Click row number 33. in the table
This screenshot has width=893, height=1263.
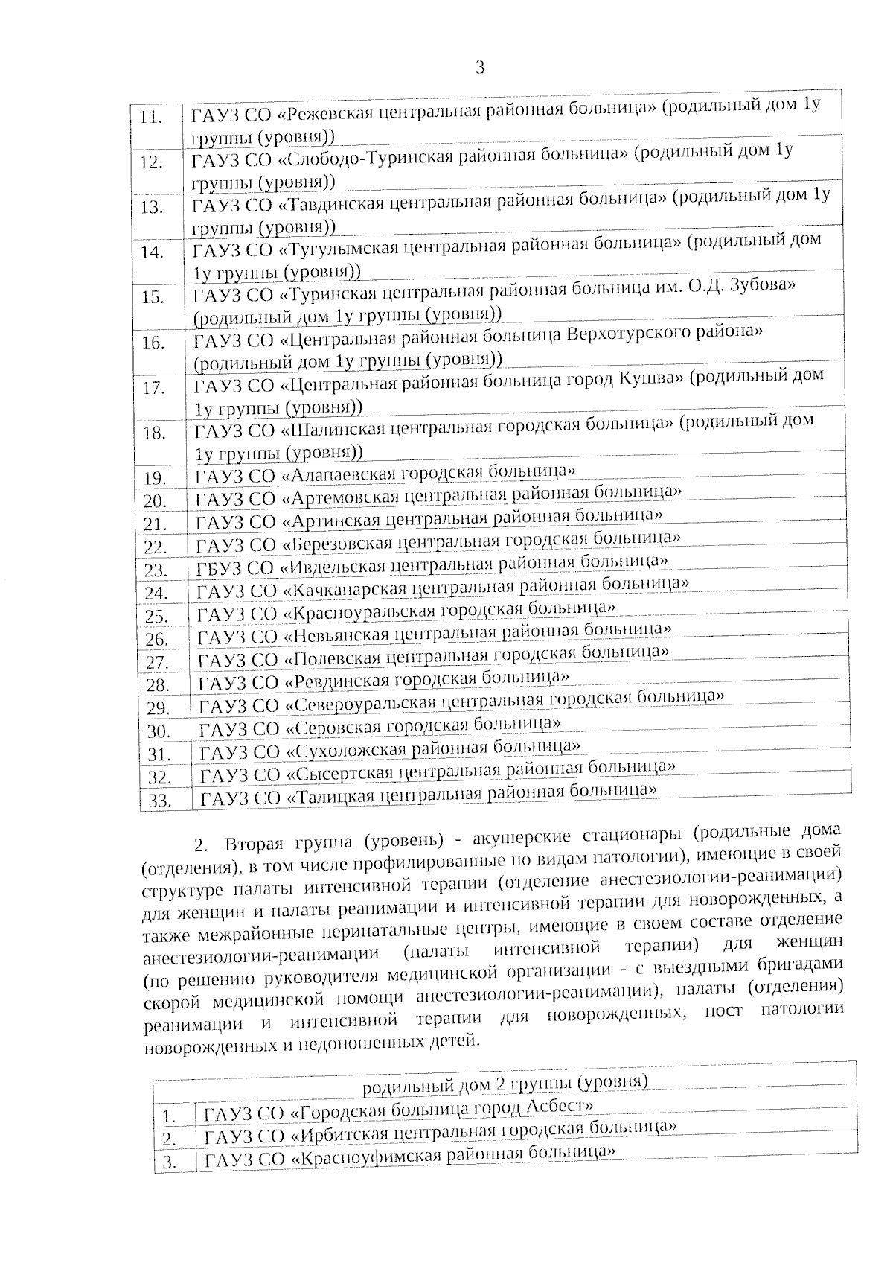point(160,802)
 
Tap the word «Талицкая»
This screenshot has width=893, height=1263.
point(327,798)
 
